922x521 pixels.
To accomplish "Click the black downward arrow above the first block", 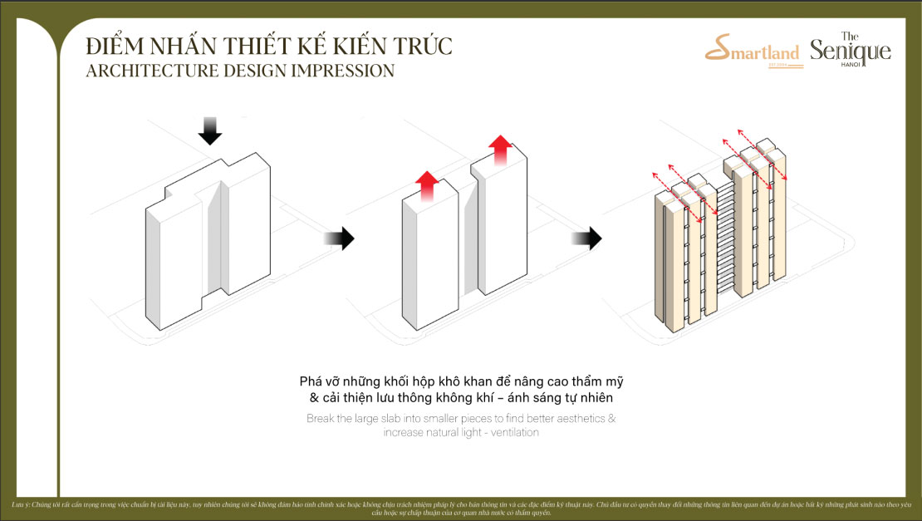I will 211,129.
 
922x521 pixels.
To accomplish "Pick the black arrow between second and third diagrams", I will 586,239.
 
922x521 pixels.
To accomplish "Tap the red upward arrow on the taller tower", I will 501,150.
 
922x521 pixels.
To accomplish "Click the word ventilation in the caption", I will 510,433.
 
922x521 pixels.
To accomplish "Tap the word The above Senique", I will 850,36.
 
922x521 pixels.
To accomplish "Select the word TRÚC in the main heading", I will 422,46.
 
